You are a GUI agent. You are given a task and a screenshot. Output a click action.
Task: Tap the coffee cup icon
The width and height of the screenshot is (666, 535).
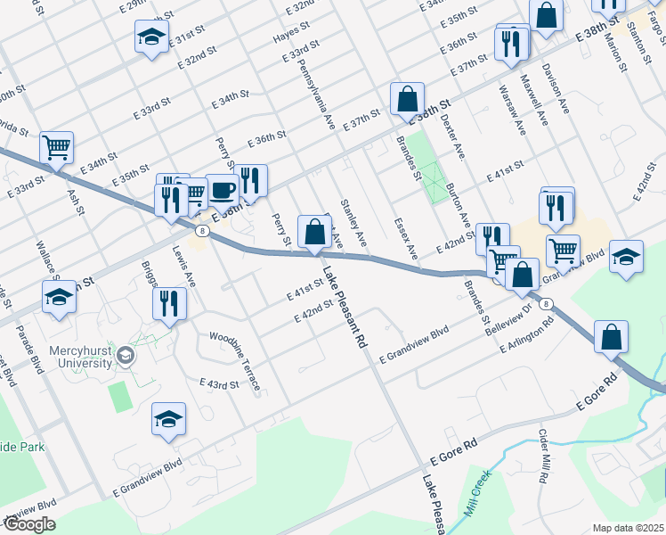tap(222, 190)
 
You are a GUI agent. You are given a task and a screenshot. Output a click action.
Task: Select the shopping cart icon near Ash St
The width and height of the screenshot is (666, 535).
tap(56, 147)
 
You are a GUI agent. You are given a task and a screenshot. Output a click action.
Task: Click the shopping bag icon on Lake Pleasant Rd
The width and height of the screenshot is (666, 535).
tap(314, 232)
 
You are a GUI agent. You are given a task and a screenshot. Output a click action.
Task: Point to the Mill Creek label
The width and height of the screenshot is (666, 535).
tap(476, 494)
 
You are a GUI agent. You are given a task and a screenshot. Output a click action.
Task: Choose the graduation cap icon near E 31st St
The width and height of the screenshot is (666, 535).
tap(151, 37)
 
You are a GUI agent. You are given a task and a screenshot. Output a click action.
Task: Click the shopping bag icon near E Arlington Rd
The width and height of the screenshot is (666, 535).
tap(612, 337)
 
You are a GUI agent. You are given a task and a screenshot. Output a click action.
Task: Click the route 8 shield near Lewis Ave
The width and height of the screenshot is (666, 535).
tap(204, 231)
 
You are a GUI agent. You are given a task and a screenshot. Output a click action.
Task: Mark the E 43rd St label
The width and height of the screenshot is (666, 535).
tap(223, 385)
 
